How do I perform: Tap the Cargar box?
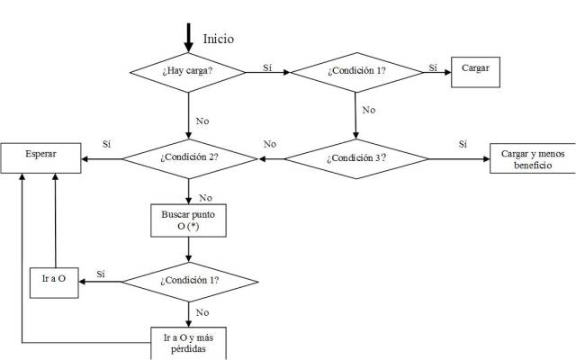(474, 69)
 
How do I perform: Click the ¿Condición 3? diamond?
(356, 157)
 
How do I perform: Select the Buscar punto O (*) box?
(188, 220)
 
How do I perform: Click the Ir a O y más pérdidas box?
(188, 343)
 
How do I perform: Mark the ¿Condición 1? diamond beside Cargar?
(355, 70)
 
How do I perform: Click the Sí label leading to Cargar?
(433, 67)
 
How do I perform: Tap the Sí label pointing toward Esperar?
(107, 144)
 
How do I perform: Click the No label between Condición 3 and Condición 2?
(269, 144)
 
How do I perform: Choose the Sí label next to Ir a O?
(101, 273)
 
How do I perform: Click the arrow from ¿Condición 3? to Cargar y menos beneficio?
(459, 158)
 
